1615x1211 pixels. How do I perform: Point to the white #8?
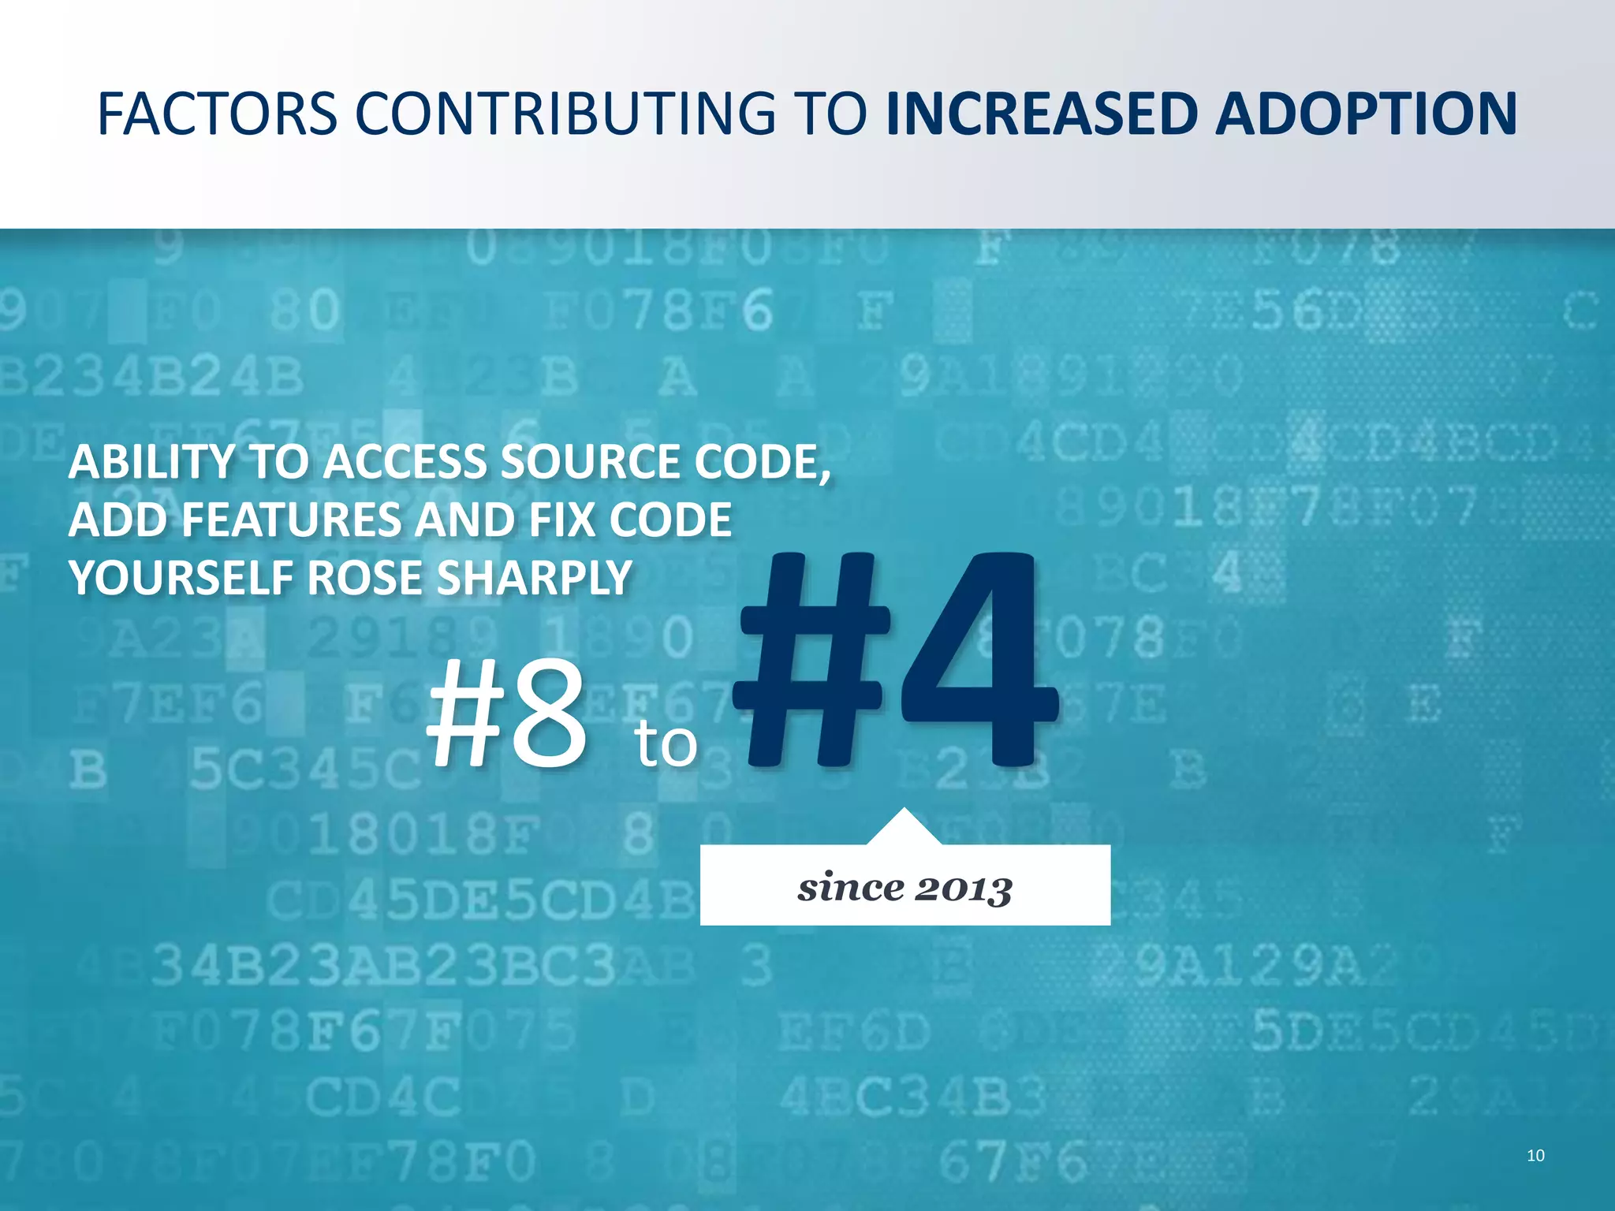(507, 714)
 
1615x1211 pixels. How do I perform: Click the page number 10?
(1535, 1156)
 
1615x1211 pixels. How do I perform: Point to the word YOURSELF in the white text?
(181, 578)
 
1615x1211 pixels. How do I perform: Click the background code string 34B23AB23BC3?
(383, 966)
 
